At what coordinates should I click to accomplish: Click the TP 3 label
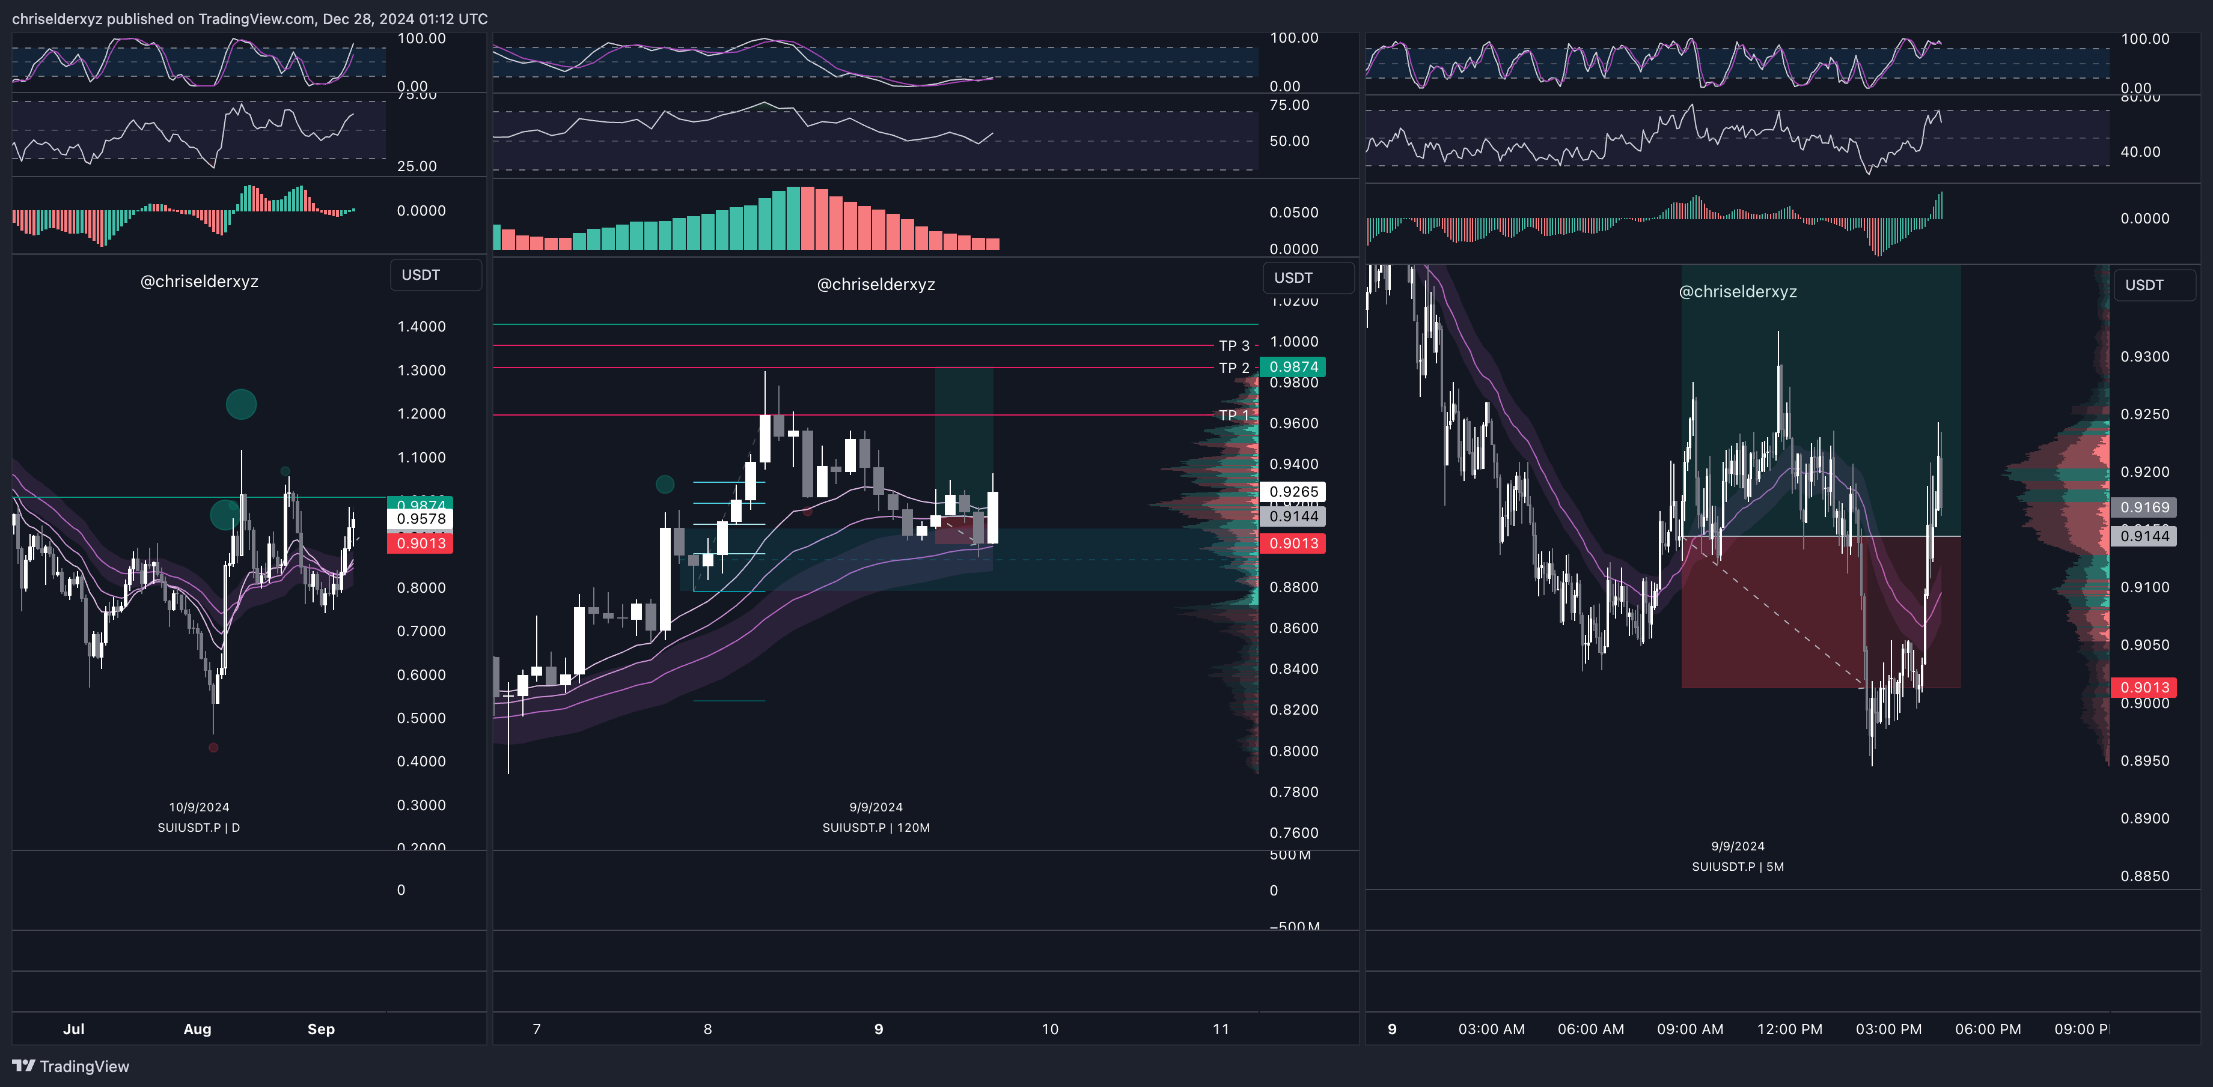[x=1234, y=346]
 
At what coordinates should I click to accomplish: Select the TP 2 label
[x=1234, y=368]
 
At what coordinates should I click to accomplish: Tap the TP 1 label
[x=1234, y=416]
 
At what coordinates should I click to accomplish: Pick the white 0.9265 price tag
[x=1293, y=492]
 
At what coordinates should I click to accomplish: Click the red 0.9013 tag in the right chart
[x=2144, y=688]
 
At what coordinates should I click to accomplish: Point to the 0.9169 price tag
[x=2144, y=507]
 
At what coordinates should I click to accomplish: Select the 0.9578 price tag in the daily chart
[x=421, y=519]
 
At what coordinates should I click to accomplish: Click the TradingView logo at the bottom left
[x=70, y=1067]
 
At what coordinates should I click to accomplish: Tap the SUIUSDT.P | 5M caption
[x=1737, y=867]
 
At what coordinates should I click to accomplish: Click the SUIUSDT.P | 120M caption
[x=876, y=828]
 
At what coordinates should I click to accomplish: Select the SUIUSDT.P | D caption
[x=198, y=828]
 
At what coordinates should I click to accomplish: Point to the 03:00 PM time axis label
[x=1888, y=1029]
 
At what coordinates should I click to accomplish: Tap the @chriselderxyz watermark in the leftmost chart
[x=200, y=282]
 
